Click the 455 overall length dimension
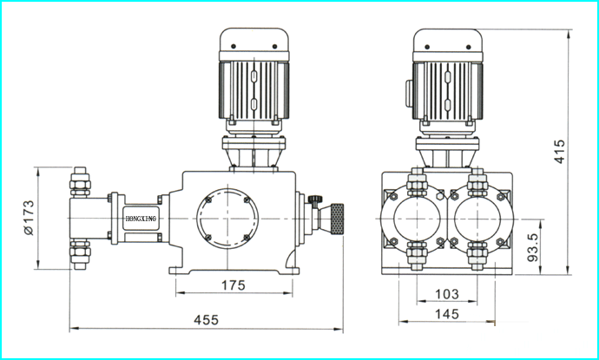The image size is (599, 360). pos(207,319)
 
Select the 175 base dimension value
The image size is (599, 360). pos(234,285)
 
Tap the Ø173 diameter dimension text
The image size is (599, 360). pos(29,218)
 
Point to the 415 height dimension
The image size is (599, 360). pos(559,152)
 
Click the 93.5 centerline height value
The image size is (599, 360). pos(532,247)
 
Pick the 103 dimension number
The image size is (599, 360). pos(447,294)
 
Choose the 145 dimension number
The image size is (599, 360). pos(447,314)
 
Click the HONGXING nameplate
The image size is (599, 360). pos(141,219)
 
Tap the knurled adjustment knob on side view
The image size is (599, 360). pos(337,219)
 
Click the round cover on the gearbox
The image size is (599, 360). pos(227,219)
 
